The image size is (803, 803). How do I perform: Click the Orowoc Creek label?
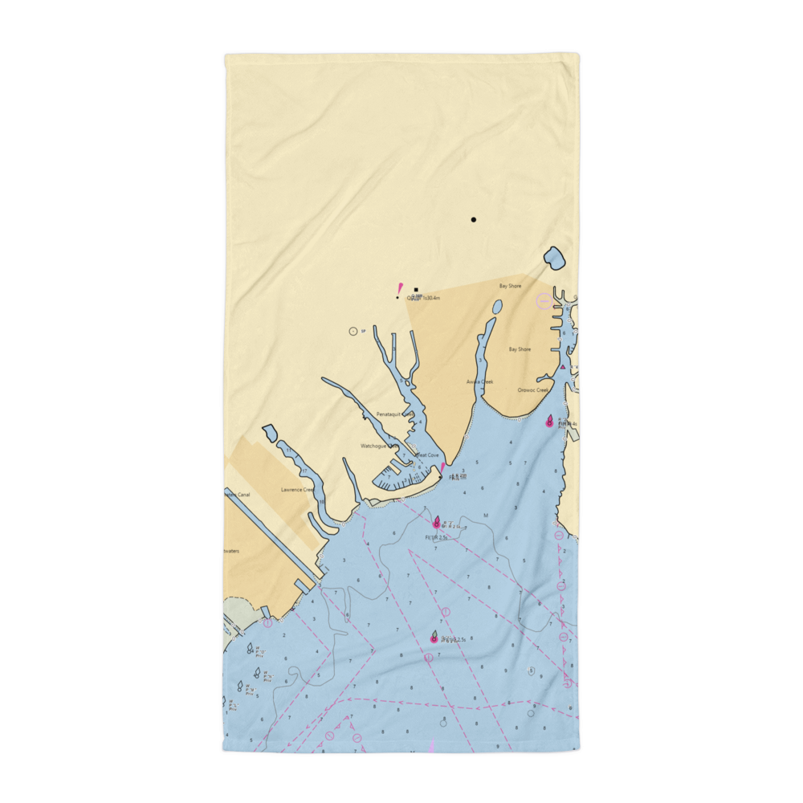(x=532, y=390)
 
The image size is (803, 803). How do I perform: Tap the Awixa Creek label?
(x=480, y=382)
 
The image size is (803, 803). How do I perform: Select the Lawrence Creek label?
(x=297, y=489)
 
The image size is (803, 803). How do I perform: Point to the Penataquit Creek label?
(x=394, y=414)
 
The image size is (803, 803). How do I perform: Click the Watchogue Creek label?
(x=378, y=446)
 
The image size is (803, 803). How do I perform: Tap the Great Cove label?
(x=427, y=455)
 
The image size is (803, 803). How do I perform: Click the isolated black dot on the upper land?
(x=474, y=219)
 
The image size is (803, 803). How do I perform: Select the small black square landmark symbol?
(x=416, y=290)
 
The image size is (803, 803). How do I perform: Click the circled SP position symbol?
(x=352, y=331)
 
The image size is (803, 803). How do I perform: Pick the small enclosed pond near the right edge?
(x=554, y=259)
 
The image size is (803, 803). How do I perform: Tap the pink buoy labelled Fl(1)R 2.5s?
(x=437, y=524)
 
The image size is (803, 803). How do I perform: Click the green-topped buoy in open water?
(x=434, y=638)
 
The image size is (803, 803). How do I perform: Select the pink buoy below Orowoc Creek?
(x=550, y=422)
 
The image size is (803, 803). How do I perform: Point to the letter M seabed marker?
(x=485, y=516)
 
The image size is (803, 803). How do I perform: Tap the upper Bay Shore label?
(x=510, y=286)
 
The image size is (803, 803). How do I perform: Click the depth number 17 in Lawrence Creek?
(x=304, y=471)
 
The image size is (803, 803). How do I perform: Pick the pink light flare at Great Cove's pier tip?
(x=442, y=467)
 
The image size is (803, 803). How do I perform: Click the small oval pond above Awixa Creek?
(x=497, y=307)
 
